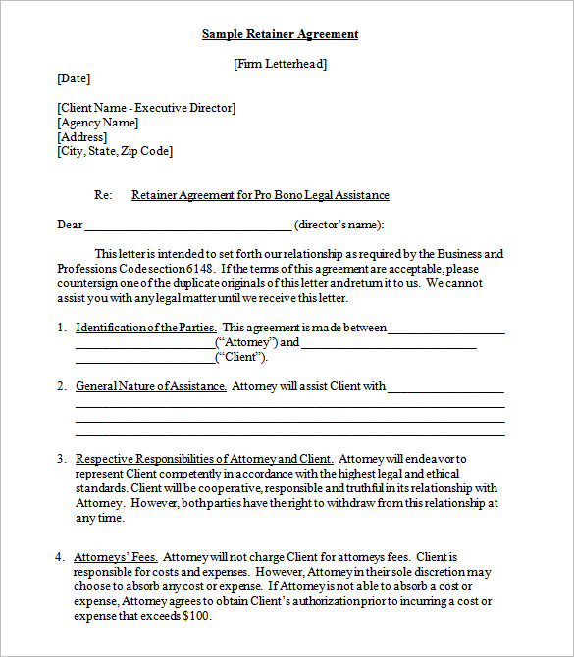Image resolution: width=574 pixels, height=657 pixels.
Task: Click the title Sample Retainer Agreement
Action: pos(280,34)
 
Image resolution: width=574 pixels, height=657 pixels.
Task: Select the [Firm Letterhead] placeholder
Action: pos(280,64)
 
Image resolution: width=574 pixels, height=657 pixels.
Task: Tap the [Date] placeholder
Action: pos(74,78)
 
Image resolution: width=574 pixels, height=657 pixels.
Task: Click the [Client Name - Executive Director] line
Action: pos(146,108)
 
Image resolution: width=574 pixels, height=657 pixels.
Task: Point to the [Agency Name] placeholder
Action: pos(98,123)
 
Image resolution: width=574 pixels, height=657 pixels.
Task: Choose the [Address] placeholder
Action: pos(82,137)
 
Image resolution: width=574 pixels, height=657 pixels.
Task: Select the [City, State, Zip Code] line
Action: pos(115,151)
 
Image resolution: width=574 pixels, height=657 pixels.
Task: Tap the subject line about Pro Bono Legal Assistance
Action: pos(260,195)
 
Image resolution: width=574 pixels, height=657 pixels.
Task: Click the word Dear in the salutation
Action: pos(70,225)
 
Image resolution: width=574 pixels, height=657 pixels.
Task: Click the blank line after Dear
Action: pos(187,227)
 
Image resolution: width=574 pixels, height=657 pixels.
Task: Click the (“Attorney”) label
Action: pos(245,342)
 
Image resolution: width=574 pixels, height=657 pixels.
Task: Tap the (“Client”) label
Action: pos(240,357)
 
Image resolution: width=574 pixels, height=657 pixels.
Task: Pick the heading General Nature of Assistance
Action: pos(151,386)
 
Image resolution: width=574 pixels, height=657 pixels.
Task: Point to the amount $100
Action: pos(196,616)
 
